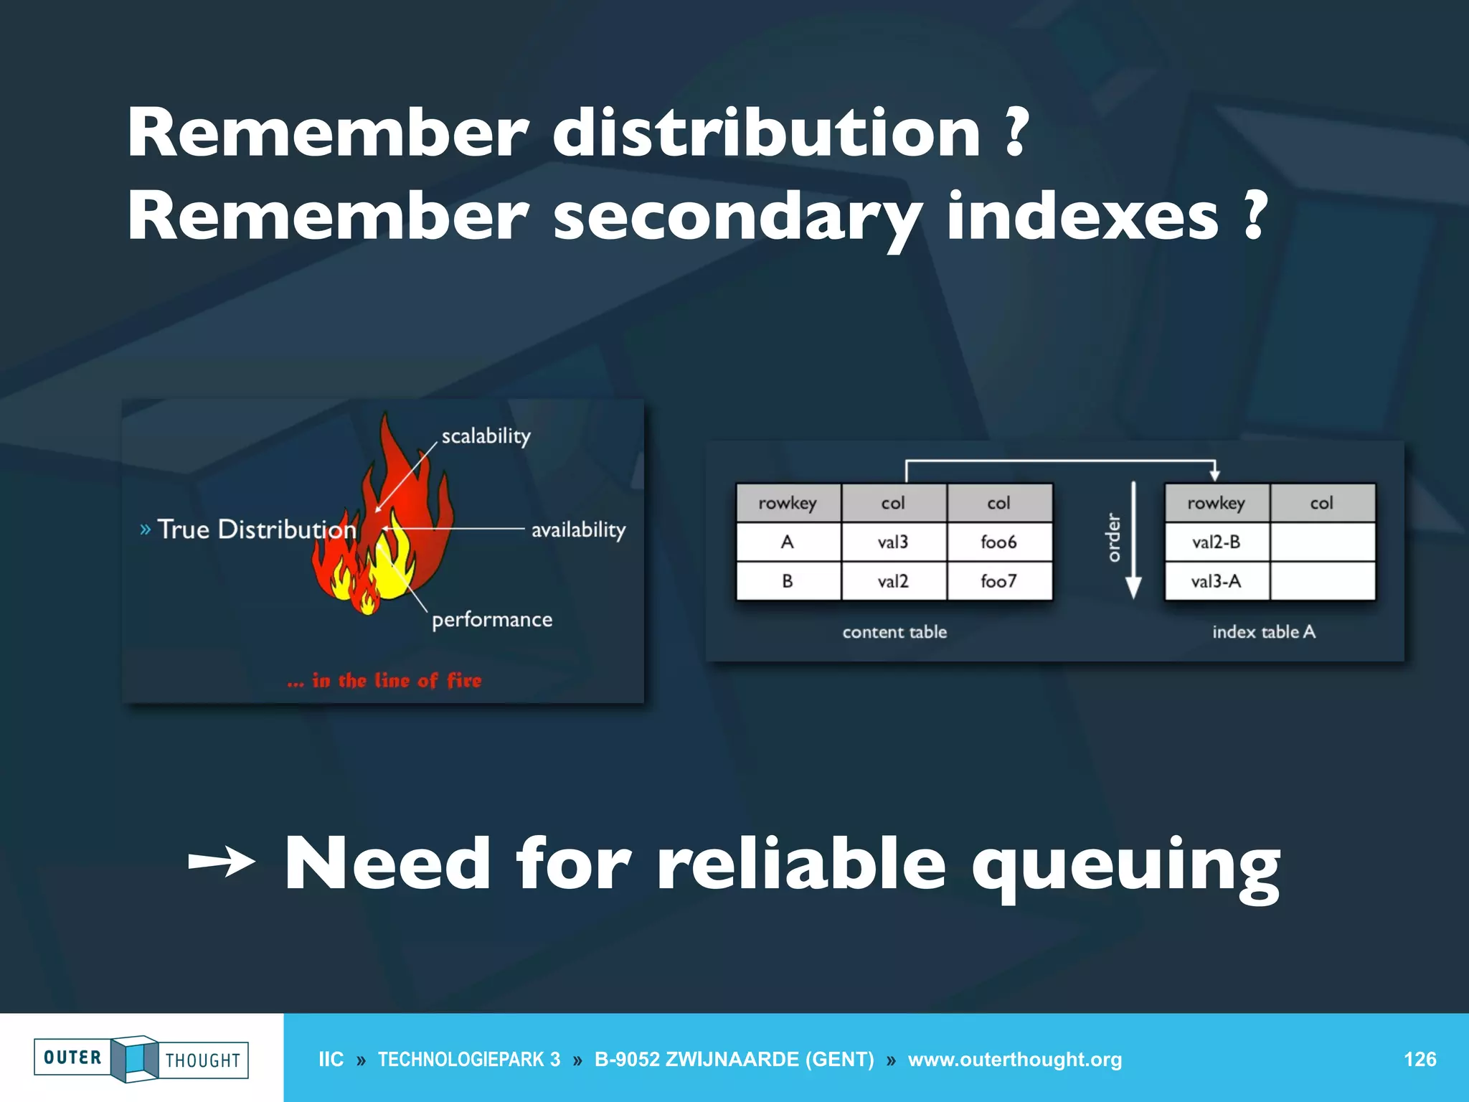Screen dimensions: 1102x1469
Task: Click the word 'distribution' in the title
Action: click(x=765, y=133)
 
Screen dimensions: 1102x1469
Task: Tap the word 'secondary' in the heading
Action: click(x=737, y=217)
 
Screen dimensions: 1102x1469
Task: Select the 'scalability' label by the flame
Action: click(x=486, y=436)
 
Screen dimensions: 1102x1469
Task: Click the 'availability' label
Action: click(x=578, y=530)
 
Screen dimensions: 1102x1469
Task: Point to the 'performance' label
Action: click(x=492, y=620)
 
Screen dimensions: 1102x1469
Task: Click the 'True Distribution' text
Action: click(x=256, y=529)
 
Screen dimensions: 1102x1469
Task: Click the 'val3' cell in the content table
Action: click(x=893, y=542)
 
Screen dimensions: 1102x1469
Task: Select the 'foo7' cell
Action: click(x=998, y=581)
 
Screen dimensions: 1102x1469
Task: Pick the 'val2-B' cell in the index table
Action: click(x=1216, y=542)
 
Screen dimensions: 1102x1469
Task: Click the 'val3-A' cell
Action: click(x=1216, y=581)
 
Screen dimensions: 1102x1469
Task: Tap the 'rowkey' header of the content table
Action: click(x=788, y=503)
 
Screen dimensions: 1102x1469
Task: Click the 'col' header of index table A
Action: click(x=1321, y=503)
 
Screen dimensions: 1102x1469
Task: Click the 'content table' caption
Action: click(x=894, y=632)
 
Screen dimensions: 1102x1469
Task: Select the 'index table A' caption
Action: click(x=1264, y=632)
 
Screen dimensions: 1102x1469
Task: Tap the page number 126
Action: click(x=1420, y=1060)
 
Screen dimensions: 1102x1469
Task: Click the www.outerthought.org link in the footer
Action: click(x=1014, y=1060)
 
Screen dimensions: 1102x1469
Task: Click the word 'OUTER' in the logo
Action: click(x=72, y=1058)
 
